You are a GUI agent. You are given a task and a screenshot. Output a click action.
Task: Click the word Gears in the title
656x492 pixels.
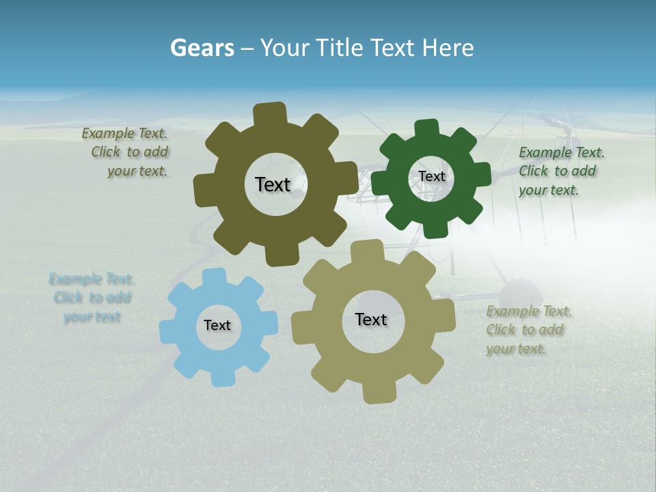(x=202, y=49)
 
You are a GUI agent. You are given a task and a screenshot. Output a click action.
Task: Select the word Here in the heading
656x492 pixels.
(x=448, y=49)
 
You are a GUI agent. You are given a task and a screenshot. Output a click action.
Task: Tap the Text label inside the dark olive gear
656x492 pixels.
(x=273, y=184)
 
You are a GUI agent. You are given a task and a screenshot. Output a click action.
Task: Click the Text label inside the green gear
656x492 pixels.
(x=431, y=176)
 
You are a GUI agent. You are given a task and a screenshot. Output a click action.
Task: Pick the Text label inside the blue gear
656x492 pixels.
(x=217, y=325)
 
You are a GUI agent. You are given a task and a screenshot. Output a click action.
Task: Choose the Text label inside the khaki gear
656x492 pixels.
(x=371, y=319)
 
